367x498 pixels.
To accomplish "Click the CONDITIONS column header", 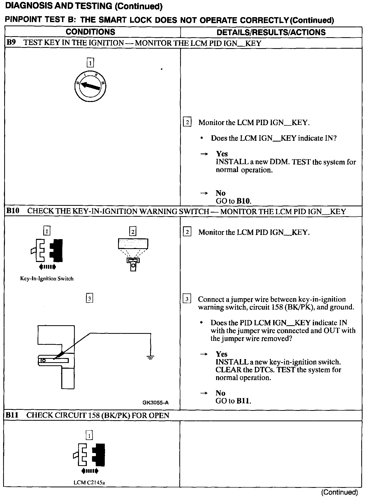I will (90, 32).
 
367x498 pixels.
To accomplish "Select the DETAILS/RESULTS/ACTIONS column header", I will (271, 32).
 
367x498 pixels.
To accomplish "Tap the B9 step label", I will (11, 42).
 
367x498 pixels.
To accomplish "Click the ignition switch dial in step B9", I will (90, 86).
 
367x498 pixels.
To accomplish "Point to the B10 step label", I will (13, 210).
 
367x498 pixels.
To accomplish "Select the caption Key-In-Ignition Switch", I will (47, 279).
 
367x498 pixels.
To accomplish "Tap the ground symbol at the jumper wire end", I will (150, 357).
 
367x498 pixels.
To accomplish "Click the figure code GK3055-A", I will (155, 403).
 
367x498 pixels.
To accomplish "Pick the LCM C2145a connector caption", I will (89, 483).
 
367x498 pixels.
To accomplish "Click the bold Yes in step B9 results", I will (222, 154).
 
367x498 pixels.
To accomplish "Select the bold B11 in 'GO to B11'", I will (243, 401).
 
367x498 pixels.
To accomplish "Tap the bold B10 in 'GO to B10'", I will (243, 201).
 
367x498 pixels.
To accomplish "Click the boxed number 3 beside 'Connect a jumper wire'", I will (187, 299).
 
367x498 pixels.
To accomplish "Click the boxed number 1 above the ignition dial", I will (90, 63).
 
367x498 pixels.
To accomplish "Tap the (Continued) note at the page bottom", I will (339, 492).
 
